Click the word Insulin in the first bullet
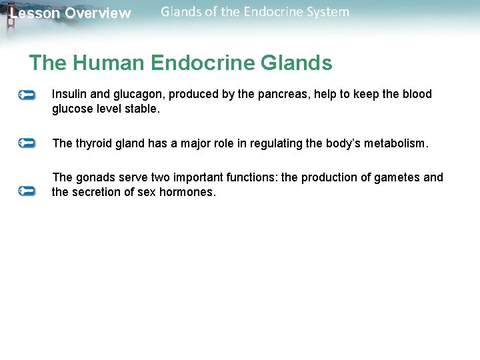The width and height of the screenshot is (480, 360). [67, 95]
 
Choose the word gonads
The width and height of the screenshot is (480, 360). [93, 177]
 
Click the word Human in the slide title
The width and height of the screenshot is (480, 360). [109, 63]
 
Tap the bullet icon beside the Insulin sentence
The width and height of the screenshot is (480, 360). [27, 95]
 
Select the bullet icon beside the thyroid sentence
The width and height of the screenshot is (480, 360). [27, 143]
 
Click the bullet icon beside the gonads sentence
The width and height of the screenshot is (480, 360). [27, 191]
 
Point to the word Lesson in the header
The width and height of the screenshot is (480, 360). [35, 13]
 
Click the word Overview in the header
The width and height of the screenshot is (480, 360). [98, 13]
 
